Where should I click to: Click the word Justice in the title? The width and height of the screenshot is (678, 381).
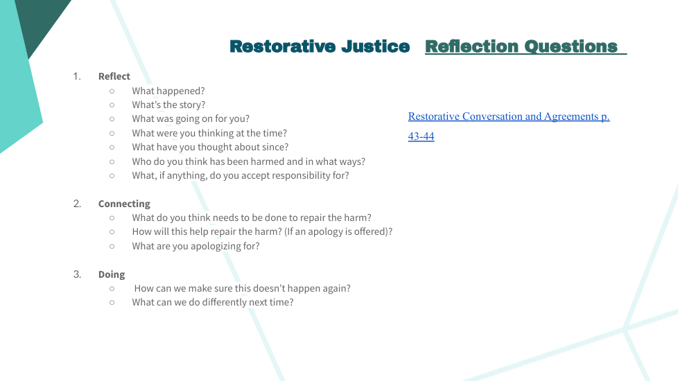375,46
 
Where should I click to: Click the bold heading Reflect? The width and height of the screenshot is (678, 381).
114,76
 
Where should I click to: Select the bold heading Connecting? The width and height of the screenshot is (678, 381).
124,204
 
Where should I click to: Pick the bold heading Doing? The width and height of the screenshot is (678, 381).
112,274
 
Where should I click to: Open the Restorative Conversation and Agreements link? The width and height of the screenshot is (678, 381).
509,116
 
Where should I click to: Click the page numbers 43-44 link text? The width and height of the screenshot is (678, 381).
421,136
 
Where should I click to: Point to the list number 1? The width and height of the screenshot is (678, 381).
77,76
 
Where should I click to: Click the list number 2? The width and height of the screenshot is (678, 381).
77,204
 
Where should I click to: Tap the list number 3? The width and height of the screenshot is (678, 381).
77,274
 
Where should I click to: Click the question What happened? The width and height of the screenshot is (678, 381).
168,91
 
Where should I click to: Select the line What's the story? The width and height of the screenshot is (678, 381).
168,105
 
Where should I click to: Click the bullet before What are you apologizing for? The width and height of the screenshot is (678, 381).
112,246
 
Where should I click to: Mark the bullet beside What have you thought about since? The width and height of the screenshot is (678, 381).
112,148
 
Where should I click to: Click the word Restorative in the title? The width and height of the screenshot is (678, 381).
282,46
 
